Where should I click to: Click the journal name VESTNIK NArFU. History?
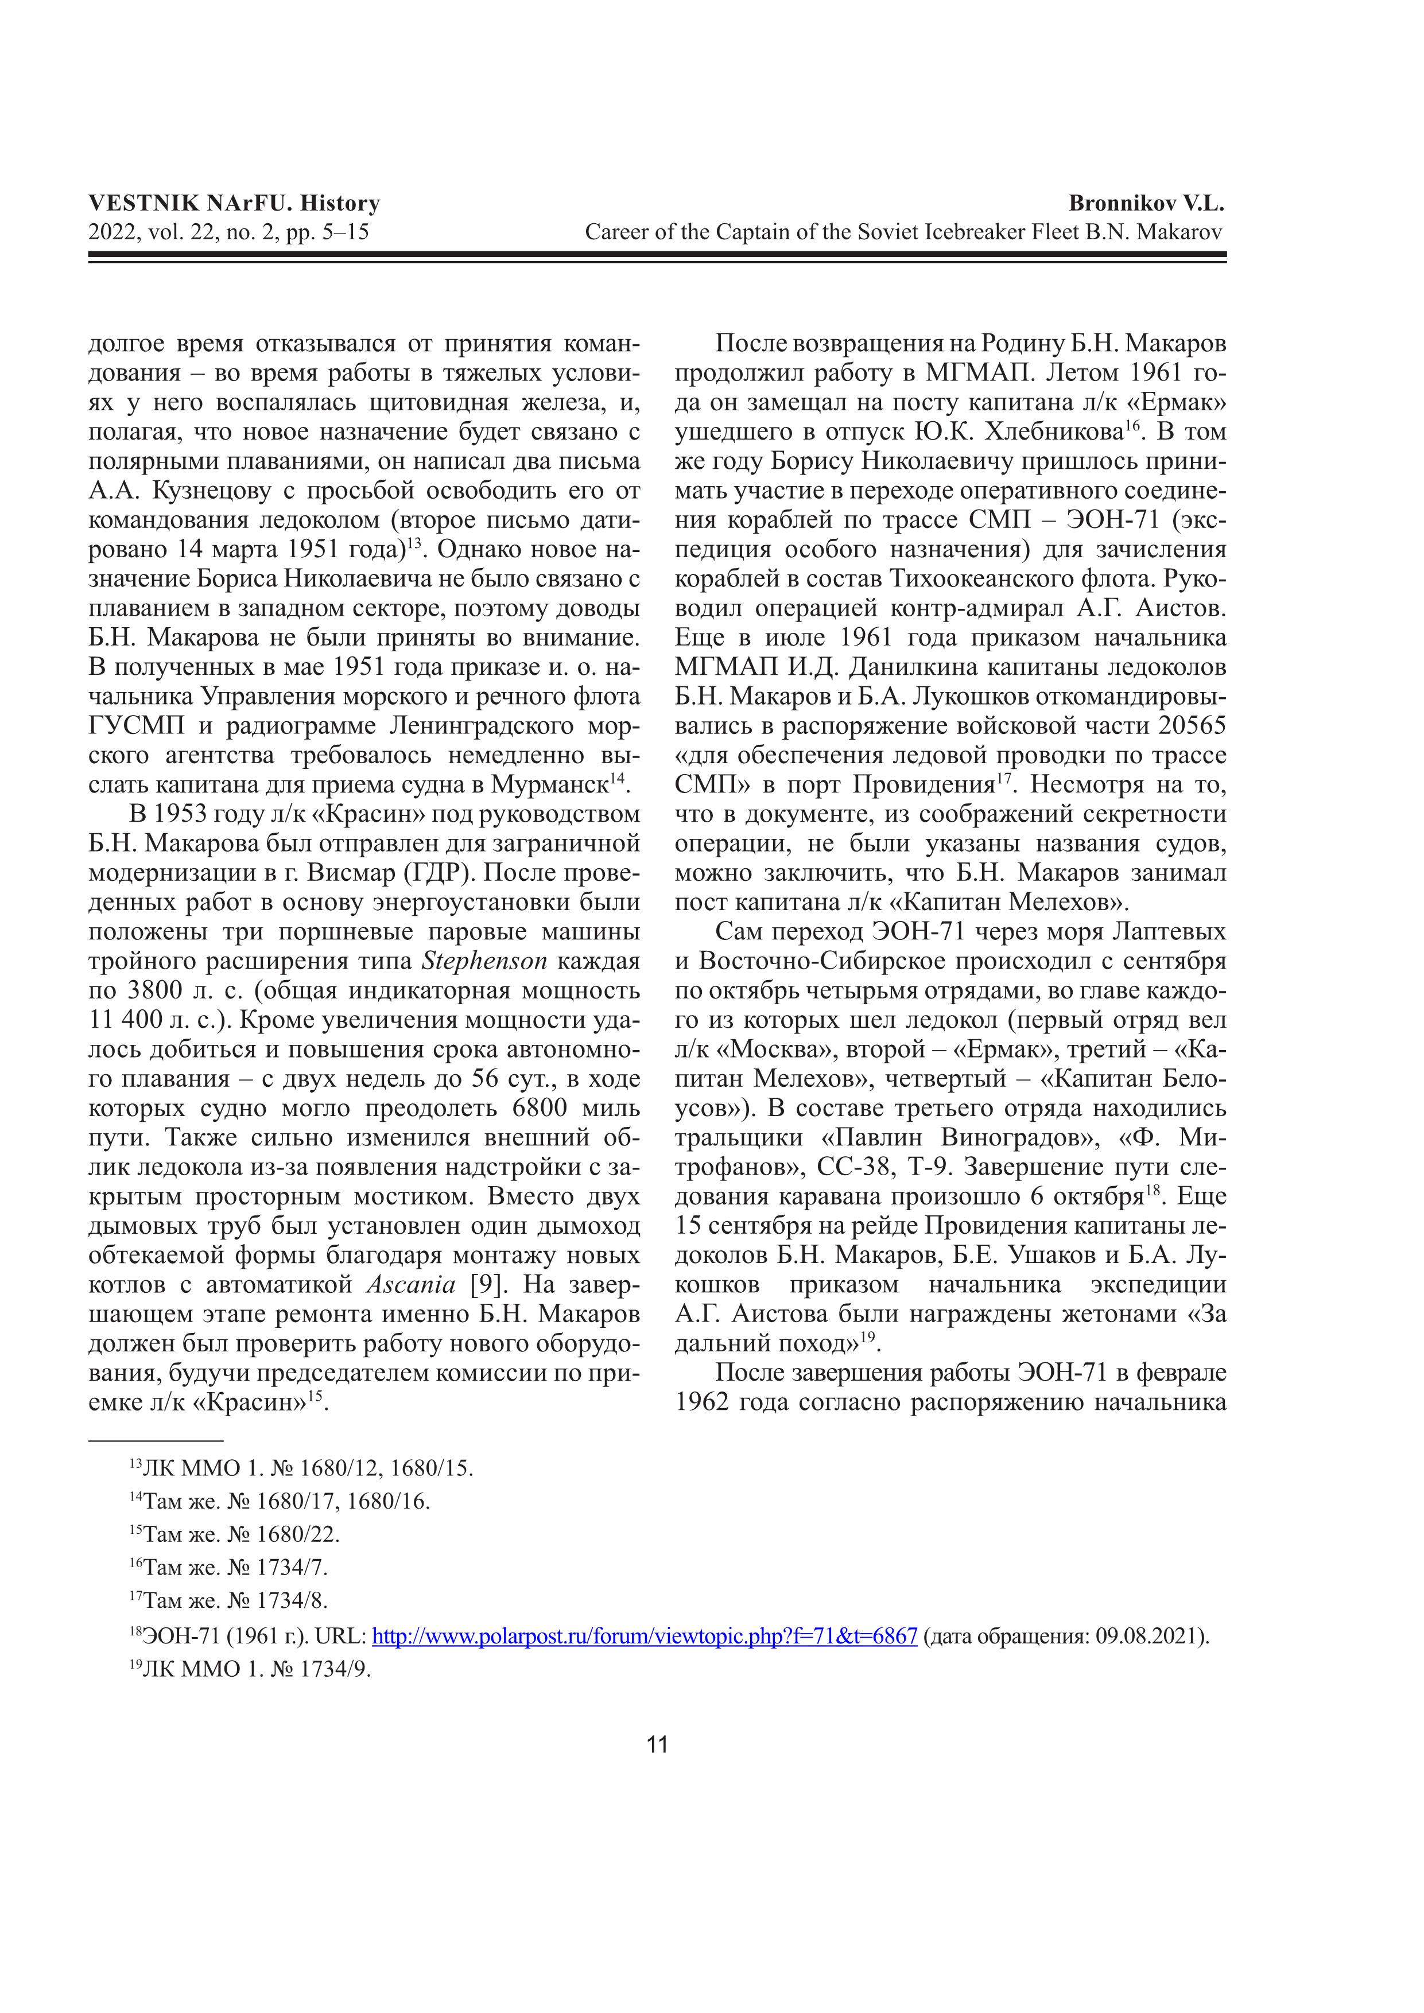pyautogui.click(x=234, y=203)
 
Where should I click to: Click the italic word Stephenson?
pyautogui.click(x=484, y=962)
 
